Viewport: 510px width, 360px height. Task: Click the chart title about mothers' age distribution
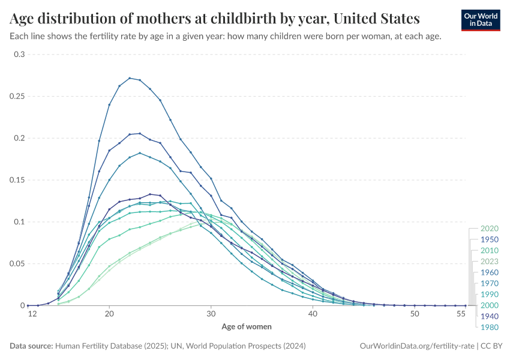click(x=215, y=18)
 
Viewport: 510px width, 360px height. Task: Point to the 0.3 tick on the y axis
click(x=20, y=55)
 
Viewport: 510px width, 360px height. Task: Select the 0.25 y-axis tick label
click(x=18, y=97)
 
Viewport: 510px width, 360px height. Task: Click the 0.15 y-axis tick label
click(x=18, y=180)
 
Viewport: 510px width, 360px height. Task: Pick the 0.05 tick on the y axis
click(x=18, y=263)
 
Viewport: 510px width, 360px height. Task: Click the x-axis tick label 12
click(x=28, y=314)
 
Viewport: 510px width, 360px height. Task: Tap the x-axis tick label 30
click(x=211, y=314)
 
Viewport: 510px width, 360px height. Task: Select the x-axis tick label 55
click(x=461, y=314)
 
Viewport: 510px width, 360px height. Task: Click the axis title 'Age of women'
click(x=247, y=327)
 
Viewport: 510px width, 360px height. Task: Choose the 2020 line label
click(x=490, y=229)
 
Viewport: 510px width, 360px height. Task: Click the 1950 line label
click(x=490, y=239)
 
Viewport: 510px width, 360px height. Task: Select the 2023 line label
click(x=490, y=262)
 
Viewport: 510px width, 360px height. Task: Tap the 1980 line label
click(x=490, y=327)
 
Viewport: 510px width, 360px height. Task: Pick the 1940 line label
click(x=490, y=316)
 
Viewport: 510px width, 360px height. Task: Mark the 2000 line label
click(x=490, y=305)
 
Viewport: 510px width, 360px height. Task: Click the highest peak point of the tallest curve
click(x=130, y=78)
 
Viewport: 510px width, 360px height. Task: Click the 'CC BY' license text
click(x=491, y=346)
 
